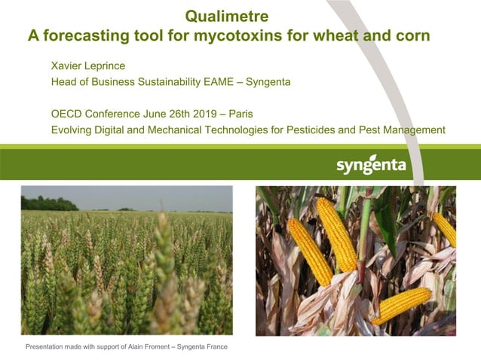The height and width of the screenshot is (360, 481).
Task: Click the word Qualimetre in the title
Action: tap(226, 15)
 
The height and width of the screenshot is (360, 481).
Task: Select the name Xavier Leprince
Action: tap(87, 66)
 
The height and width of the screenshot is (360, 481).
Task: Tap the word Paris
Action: tap(239, 114)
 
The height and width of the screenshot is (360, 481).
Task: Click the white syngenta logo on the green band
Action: tap(371, 165)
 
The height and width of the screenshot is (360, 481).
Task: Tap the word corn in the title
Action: tap(414, 35)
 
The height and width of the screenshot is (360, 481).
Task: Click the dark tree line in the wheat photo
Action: tap(48, 204)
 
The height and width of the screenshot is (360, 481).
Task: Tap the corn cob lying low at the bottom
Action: tap(401, 305)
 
